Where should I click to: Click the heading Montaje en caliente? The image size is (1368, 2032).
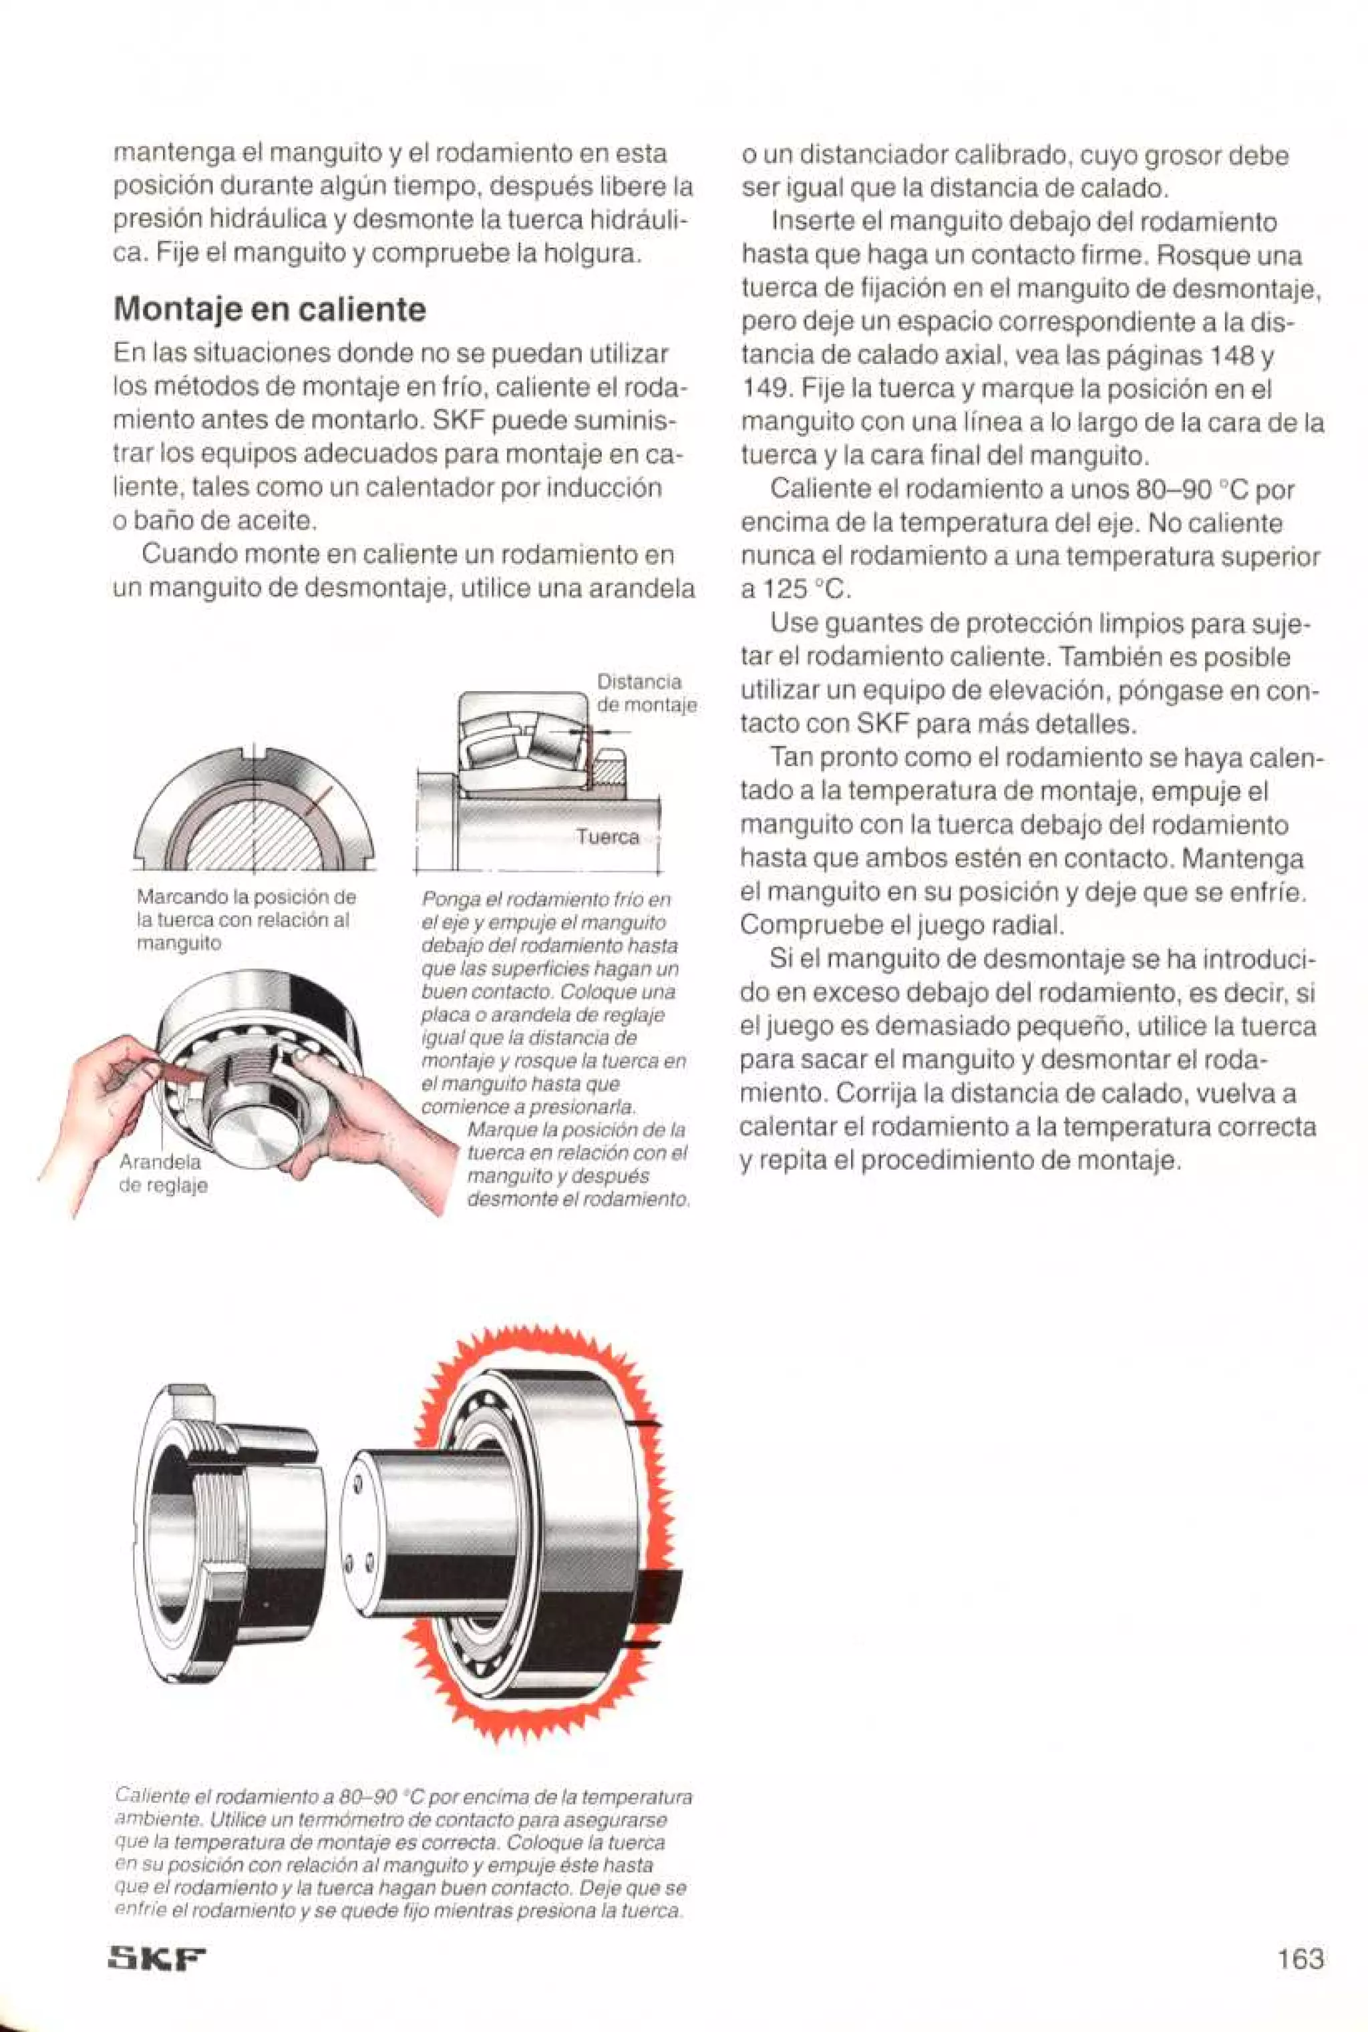pos(270,310)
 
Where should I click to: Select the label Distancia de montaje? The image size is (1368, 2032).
pos(646,693)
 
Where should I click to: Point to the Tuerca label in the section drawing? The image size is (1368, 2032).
pos(607,837)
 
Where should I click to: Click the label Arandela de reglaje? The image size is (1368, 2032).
pos(162,1174)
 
